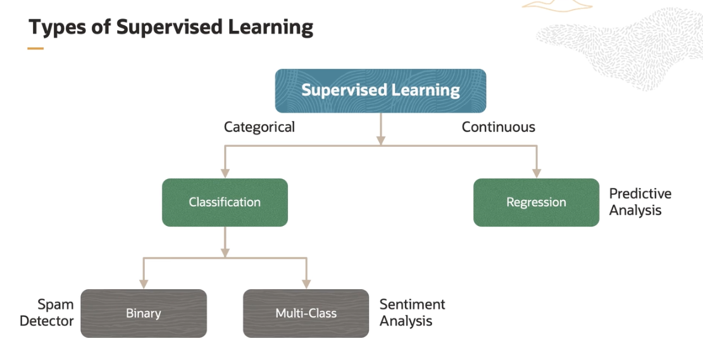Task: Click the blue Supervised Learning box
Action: [x=380, y=90]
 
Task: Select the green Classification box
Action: [x=225, y=202]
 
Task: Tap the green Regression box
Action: [x=536, y=202]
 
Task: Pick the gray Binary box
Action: [x=144, y=313]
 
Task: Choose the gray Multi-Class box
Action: [x=306, y=313]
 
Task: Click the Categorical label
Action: [x=259, y=127]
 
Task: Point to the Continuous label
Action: [x=498, y=127]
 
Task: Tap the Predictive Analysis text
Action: [x=640, y=202]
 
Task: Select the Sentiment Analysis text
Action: [x=412, y=313]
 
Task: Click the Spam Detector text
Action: [x=47, y=313]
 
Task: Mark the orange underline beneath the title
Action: [x=35, y=48]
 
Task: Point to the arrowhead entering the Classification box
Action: [x=225, y=172]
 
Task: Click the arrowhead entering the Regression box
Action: [x=537, y=172]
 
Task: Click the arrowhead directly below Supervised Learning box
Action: [x=380, y=139]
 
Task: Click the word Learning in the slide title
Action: [x=275, y=28]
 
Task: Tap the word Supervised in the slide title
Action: [x=171, y=28]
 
